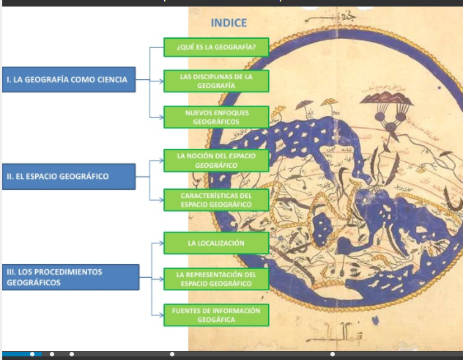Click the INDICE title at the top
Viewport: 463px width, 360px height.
coord(229,23)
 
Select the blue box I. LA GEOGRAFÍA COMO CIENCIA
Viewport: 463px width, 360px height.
coord(69,80)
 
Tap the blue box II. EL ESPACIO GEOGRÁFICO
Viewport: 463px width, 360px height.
coord(69,177)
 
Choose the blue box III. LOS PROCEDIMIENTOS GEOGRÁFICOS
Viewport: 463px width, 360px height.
coord(71,276)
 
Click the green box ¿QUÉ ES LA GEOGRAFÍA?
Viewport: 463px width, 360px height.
coord(216,48)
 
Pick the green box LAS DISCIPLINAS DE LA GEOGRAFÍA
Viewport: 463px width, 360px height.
coord(216,81)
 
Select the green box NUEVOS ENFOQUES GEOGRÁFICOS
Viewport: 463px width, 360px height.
coord(216,117)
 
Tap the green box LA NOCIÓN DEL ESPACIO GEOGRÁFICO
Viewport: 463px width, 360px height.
coord(216,161)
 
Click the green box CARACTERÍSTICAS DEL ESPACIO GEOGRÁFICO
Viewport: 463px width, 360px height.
coord(216,200)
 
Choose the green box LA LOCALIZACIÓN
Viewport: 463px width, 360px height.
coord(216,243)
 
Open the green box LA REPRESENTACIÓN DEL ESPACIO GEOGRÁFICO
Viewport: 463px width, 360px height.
coord(216,279)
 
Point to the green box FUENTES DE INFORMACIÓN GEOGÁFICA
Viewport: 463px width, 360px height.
coord(216,315)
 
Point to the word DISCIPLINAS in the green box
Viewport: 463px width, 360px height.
coord(212,76)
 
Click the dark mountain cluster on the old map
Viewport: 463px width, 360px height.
coord(383,99)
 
